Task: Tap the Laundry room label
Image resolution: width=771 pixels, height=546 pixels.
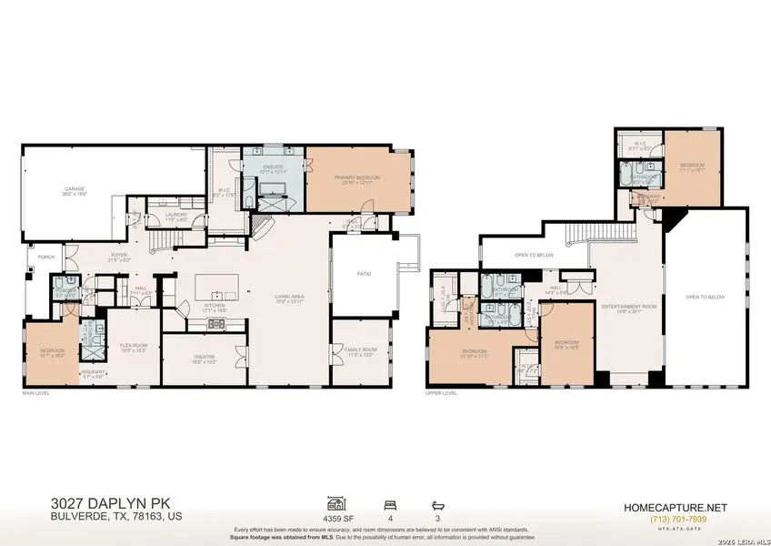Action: coord(175,216)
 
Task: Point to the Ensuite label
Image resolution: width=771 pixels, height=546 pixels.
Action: coord(274,167)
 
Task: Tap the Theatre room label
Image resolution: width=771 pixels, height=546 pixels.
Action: coord(204,357)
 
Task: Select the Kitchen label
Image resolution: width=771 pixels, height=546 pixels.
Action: coord(215,307)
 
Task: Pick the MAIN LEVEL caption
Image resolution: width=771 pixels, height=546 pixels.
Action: coord(36,392)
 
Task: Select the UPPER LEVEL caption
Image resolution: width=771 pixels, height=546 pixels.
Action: coord(441,392)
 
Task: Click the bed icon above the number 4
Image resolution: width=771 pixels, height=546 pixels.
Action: coord(390,502)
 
